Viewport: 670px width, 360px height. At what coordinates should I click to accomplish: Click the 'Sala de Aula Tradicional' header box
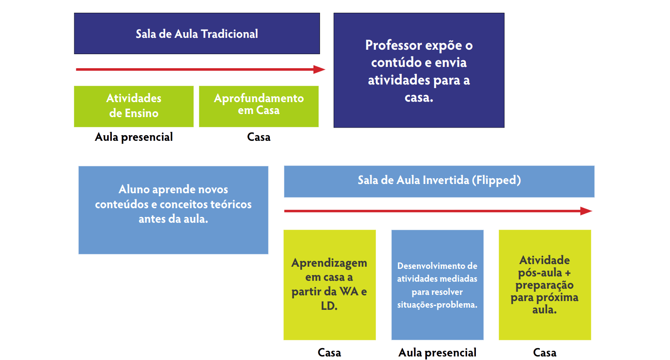point(197,33)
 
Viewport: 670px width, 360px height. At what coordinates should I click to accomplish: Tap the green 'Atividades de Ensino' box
point(134,106)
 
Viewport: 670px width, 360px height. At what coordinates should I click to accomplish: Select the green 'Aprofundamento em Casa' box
point(259,106)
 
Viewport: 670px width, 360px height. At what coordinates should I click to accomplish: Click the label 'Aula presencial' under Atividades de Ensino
point(134,137)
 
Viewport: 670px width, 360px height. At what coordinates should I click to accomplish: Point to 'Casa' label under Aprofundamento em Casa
point(259,137)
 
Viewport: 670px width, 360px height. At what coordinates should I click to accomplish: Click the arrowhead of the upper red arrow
point(320,70)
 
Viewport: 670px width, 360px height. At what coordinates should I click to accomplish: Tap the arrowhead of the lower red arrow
point(586,211)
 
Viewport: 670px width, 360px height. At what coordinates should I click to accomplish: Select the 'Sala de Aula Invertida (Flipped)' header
point(439,181)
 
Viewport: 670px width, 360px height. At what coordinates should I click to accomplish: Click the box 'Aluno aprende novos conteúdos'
point(173,209)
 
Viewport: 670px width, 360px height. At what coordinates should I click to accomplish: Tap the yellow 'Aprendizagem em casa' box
point(329,284)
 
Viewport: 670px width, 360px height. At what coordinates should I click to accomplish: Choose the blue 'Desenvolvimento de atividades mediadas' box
point(437,284)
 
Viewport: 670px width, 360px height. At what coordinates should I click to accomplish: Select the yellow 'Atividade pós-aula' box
point(545,284)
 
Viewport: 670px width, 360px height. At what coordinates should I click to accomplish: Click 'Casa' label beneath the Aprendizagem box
point(329,353)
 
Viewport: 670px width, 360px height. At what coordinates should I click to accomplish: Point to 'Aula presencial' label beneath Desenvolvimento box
point(437,353)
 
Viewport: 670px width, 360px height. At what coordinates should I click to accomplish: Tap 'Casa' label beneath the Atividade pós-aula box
point(545,353)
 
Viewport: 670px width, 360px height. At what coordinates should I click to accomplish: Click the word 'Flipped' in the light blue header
point(496,180)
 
